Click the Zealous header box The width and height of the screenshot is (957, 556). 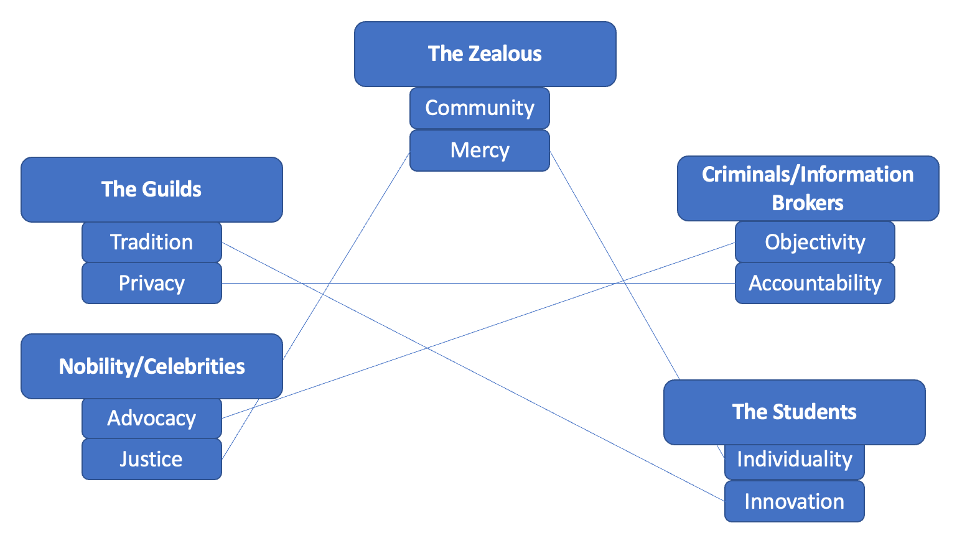(x=485, y=54)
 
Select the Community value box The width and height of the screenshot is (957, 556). (x=479, y=108)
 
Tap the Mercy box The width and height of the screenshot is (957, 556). (x=479, y=151)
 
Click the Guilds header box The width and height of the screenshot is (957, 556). (x=151, y=189)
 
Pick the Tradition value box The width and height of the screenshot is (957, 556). (x=151, y=242)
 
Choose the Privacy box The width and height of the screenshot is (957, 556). (x=151, y=284)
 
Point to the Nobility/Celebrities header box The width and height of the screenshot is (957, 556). (x=151, y=366)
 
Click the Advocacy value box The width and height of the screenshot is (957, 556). (x=151, y=418)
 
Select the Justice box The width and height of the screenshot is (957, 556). (x=151, y=460)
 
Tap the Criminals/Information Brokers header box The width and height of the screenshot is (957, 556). (x=808, y=188)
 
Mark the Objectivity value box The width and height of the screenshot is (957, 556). (x=815, y=242)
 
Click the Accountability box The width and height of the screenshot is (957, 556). (x=815, y=284)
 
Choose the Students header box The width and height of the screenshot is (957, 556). (x=794, y=412)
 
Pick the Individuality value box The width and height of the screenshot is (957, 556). (x=794, y=460)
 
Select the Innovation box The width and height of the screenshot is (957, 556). (x=794, y=501)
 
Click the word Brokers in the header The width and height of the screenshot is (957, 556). (x=808, y=203)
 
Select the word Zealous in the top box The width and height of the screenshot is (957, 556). (x=505, y=54)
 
